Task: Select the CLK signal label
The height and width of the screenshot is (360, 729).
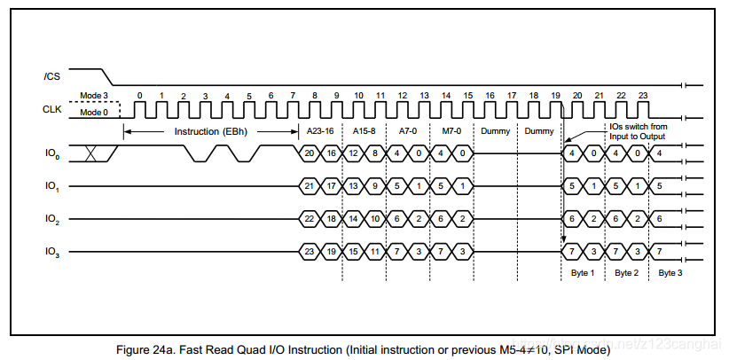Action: [52, 109]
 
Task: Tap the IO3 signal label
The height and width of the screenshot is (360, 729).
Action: [51, 253]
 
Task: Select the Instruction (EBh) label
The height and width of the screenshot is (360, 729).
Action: [210, 131]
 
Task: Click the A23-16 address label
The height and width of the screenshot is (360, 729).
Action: [320, 131]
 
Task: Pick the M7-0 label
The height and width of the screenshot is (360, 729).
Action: [452, 131]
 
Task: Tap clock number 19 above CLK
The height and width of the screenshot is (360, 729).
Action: [555, 95]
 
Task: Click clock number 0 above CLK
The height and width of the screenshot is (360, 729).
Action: [139, 95]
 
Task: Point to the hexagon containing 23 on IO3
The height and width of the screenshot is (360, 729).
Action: [310, 253]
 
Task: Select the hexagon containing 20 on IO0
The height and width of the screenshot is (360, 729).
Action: [310, 153]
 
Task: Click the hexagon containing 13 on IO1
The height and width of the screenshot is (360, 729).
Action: [353, 186]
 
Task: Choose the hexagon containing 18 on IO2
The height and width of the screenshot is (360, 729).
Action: [331, 219]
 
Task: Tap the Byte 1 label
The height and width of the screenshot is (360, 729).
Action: [583, 273]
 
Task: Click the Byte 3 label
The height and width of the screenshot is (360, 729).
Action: [671, 273]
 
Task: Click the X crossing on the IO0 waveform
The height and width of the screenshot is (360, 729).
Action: [90, 153]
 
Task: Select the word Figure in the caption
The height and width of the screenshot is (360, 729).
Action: [135, 349]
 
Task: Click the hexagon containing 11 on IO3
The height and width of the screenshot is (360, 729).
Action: [375, 253]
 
